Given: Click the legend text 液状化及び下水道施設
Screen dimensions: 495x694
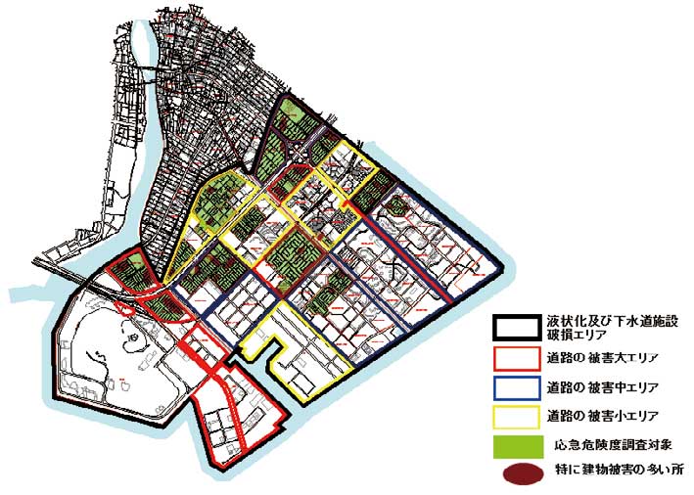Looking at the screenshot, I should coord(608,320).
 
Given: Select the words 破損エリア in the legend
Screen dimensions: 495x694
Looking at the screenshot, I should coord(577,334).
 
